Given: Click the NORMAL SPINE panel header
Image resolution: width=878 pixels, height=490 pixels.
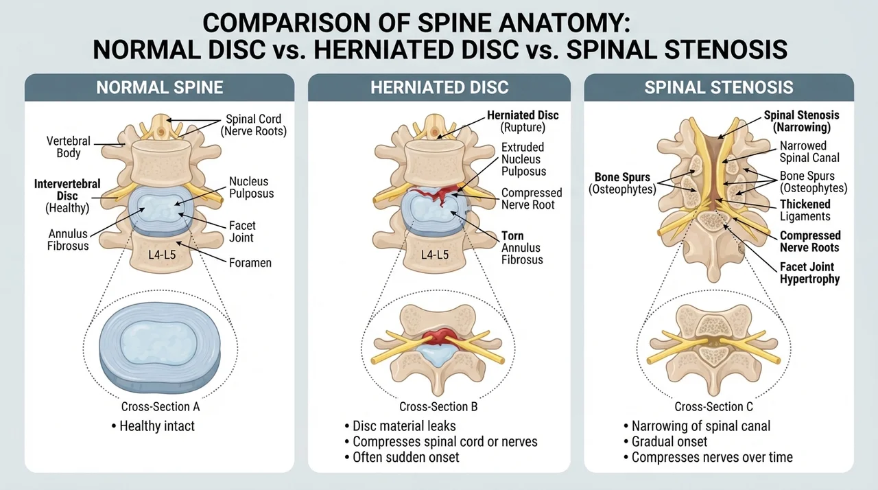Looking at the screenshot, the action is pyautogui.click(x=160, y=87).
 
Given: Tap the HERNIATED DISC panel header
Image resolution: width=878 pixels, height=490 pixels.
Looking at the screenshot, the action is pyautogui.click(x=440, y=87).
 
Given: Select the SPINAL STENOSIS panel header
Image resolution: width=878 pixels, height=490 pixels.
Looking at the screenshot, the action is pyautogui.click(x=719, y=87).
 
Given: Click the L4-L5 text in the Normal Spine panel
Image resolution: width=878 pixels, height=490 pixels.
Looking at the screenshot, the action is pyautogui.click(x=162, y=255).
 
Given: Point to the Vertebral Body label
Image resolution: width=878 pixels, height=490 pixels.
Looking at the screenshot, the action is pyautogui.click(x=69, y=147).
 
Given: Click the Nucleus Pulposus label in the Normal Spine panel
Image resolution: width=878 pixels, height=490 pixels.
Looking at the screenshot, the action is pyautogui.click(x=251, y=187).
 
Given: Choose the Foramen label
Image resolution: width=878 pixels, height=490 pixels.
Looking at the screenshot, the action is pyautogui.click(x=250, y=263).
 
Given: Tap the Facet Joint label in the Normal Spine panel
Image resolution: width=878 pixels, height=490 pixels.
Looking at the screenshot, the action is pyautogui.click(x=242, y=232).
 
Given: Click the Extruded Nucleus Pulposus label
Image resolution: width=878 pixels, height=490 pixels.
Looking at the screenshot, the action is pyautogui.click(x=523, y=159).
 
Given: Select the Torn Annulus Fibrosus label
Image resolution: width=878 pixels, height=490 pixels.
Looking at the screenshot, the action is pyautogui.click(x=522, y=248).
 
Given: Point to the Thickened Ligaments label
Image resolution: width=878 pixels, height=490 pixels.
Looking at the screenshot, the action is pyautogui.click(x=805, y=210).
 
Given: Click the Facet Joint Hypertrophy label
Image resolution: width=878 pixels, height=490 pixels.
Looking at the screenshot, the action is pyautogui.click(x=810, y=273).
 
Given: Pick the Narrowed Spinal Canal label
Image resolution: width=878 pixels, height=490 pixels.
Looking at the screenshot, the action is pyautogui.click(x=809, y=152).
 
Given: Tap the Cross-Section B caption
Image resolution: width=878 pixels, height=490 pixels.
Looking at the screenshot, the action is pyautogui.click(x=438, y=406).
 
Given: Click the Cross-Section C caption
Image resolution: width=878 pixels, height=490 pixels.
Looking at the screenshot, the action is pyautogui.click(x=713, y=406).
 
